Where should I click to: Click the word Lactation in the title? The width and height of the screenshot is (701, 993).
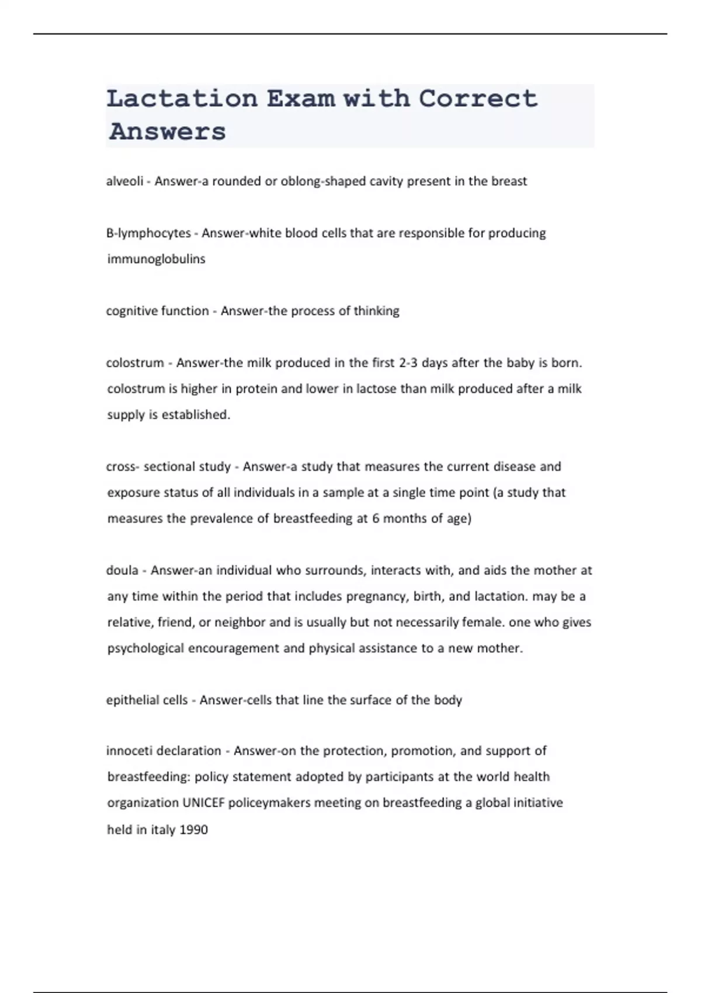tap(182, 99)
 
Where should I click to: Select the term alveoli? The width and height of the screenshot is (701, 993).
tap(124, 181)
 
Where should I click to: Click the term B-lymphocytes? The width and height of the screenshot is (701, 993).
tap(148, 233)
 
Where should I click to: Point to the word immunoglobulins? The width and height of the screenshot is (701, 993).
tap(156, 259)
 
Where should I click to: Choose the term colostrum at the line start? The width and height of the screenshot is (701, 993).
tap(135, 363)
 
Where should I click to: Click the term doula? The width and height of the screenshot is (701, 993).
tap(122, 570)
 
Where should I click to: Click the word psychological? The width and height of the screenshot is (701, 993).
tap(145, 648)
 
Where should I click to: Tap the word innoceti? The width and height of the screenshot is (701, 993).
tap(130, 751)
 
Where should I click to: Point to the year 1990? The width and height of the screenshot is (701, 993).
tap(193, 829)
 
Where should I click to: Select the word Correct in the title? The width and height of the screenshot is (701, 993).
tap(478, 99)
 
